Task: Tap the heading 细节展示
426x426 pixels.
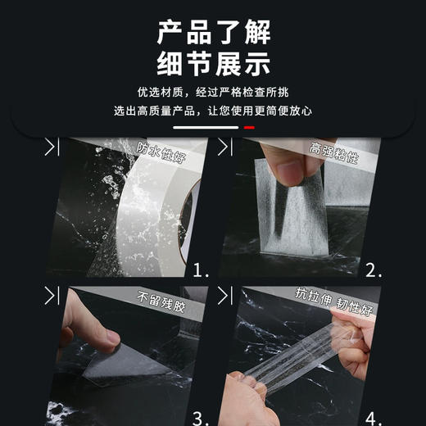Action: pos(213,65)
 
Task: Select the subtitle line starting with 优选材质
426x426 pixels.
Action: pos(213,93)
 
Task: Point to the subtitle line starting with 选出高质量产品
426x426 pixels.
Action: pos(213,111)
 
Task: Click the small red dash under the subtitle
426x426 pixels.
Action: pos(249,128)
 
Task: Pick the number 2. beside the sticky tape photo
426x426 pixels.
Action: pos(374,269)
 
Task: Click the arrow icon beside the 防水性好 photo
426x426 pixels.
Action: pos(52,147)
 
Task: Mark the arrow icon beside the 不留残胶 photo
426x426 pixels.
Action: pos(52,294)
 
